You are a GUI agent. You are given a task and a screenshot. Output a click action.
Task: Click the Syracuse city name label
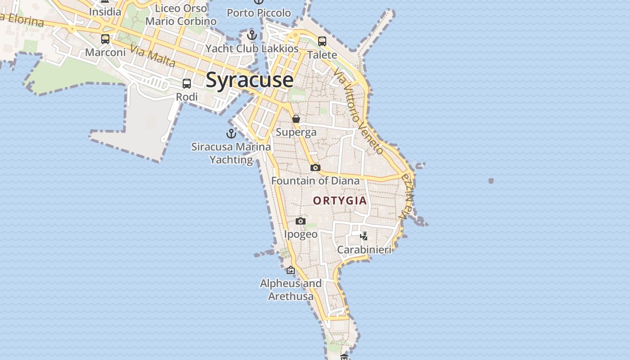click(250, 80)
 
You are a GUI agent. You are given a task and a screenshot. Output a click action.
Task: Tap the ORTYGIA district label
click(340, 201)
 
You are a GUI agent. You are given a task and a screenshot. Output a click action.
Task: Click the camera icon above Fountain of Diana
click(315, 167)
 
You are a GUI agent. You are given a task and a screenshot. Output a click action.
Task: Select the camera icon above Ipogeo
click(301, 221)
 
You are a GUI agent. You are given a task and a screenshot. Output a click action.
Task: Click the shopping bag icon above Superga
click(296, 119)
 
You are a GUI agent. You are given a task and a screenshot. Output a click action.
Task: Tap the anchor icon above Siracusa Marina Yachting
click(231, 133)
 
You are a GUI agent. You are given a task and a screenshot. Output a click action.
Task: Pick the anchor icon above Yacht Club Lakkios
click(252, 35)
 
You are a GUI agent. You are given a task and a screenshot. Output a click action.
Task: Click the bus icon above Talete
click(322, 41)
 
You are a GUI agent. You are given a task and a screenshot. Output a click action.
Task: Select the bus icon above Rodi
click(187, 83)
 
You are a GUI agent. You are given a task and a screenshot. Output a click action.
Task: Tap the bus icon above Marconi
click(105, 39)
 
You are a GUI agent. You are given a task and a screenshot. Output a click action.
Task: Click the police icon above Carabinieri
click(364, 235)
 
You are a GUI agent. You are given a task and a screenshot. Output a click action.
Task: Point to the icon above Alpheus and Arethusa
click(291, 270)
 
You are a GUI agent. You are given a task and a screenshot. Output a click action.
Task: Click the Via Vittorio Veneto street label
click(359, 112)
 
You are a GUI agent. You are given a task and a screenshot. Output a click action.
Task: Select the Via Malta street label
click(153, 56)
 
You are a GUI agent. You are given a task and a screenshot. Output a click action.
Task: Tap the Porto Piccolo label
click(259, 13)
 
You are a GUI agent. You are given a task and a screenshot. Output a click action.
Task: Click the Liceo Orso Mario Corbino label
click(181, 15)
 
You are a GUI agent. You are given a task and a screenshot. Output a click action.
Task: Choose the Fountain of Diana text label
click(315, 181)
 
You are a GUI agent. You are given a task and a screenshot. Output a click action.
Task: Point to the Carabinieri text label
click(364, 249)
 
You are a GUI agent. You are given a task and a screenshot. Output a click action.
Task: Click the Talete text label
click(322, 55)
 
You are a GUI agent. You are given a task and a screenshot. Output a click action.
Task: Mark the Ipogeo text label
click(301, 234)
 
